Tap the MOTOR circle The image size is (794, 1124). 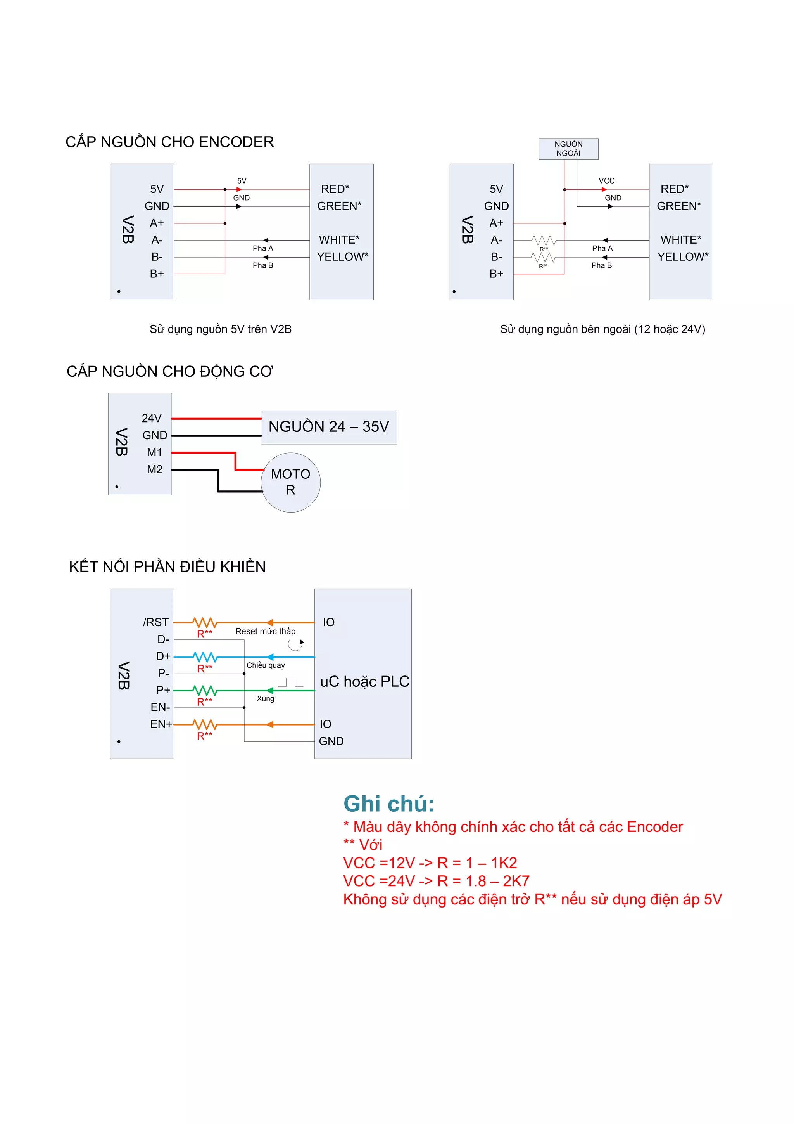point(291,482)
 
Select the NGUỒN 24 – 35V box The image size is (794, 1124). point(329,427)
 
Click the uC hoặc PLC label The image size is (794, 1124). point(364,681)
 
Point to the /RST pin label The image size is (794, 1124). point(155,622)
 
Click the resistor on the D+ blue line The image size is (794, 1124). point(204,657)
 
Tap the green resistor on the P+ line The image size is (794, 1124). point(204,691)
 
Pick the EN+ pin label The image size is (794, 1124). point(161,724)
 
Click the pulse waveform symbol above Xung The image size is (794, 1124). point(291,682)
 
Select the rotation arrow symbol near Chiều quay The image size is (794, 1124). point(295,644)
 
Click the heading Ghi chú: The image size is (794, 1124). point(388,804)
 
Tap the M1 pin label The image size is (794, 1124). point(155,452)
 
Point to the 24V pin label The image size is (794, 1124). point(151,419)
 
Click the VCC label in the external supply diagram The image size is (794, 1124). point(606,181)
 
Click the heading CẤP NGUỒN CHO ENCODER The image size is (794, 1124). point(170,142)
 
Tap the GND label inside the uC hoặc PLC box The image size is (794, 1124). point(331,741)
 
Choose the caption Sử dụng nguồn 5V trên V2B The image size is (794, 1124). point(221,329)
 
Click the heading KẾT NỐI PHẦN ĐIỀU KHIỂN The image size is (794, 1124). point(167,566)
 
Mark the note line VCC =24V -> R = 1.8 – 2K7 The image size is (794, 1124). point(436,881)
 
